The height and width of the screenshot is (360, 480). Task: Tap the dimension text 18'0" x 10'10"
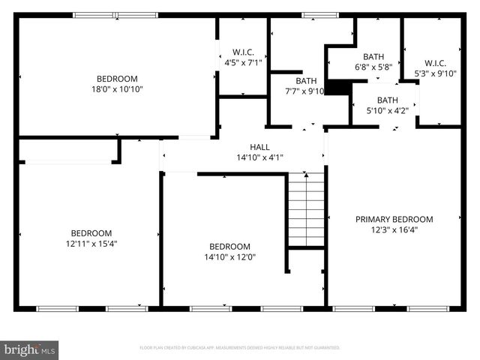coord(117,89)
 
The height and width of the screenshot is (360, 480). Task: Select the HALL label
coord(259,147)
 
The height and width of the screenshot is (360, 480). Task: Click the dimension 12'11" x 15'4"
coord(91,243)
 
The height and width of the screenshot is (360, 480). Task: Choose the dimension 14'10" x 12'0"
coord(229,256)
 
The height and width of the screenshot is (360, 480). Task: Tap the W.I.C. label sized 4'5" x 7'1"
coord(244,52)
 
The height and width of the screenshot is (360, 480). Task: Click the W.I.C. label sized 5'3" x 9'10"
coord(436,63)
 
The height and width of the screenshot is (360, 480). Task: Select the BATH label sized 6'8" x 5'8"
coord(373,56)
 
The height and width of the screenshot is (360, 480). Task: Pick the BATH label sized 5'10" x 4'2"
coord(387,100)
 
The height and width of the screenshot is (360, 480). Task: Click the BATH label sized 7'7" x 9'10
coord(306,81)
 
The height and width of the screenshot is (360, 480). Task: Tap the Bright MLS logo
coord(30,349)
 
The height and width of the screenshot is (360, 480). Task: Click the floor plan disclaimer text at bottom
coord(240,348)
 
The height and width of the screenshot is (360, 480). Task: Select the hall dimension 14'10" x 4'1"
coord(259,157)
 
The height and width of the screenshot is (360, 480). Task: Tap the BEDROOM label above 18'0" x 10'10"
coord(117,79)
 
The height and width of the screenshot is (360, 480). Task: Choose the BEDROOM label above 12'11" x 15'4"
coord(91,232)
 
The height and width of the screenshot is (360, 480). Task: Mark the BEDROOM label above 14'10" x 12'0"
coord(229,246)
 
